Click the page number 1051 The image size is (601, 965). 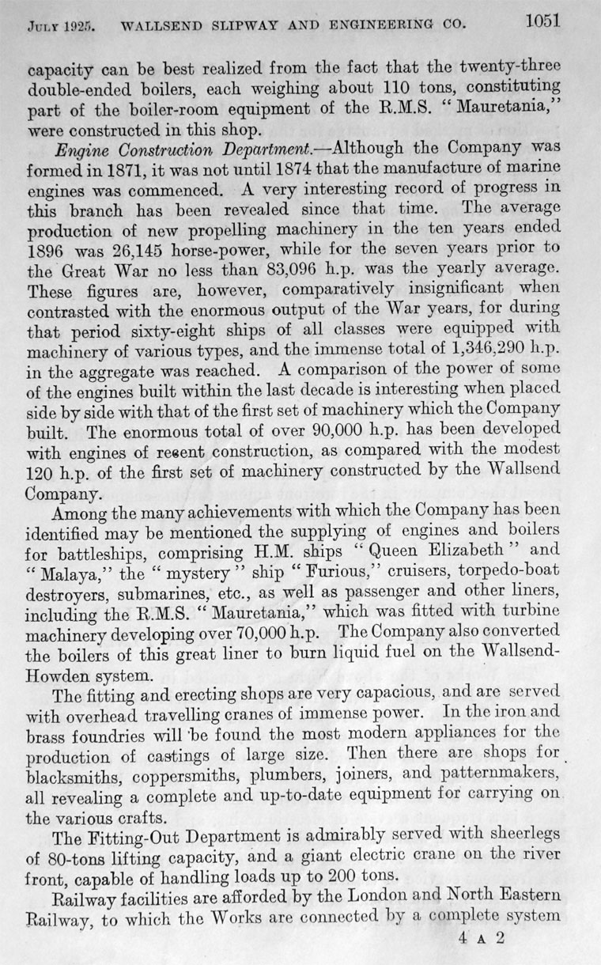(x=542, y=21)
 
